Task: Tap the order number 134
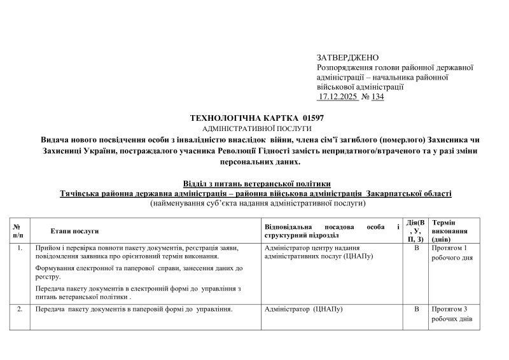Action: pos(377,97)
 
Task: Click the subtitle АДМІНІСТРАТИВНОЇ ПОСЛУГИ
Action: pos(257,128)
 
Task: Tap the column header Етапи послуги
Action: pos(74,231)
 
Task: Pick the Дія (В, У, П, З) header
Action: pos(416,231)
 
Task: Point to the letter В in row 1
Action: pos(417,248)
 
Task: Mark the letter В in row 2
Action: pos(417,309)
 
